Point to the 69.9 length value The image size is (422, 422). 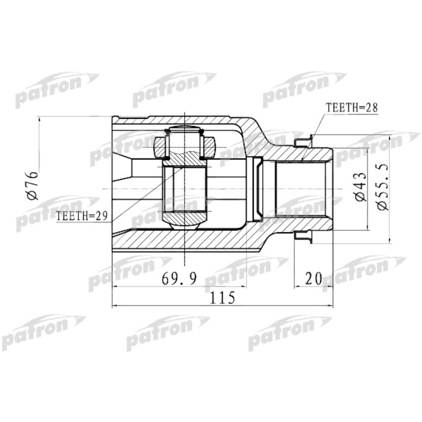click(x=178, y=279)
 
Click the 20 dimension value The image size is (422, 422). click(x=313, y=279)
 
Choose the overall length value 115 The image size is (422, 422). click(x=221, y=297)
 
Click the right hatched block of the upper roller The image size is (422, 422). click(x=209, y=146)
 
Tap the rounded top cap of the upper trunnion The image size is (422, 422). click(x=185, y=130)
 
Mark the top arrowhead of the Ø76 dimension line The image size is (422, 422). click(x=39, y=118)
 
